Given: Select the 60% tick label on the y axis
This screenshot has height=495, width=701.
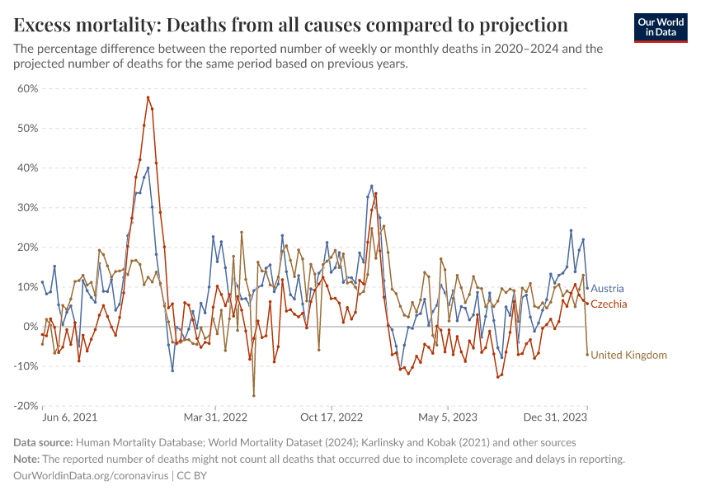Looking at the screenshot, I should pos(28,89).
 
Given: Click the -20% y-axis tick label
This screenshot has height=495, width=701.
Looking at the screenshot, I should pos(26,406).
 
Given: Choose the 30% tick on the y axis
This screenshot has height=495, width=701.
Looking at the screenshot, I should pos(28,208).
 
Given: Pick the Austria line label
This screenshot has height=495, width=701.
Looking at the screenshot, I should pos(607,290).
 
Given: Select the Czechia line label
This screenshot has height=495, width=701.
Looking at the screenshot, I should pos(609,304).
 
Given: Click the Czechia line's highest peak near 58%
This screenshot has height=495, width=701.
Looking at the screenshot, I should pos(148,97).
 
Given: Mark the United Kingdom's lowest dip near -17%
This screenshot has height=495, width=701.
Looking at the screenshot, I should pos(254,395).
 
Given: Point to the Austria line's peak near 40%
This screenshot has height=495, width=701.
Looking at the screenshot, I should pos(148,168).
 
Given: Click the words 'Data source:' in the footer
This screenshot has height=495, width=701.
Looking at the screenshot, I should pos(43,443).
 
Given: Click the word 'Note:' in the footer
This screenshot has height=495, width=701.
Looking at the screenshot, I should pos(27,460).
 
